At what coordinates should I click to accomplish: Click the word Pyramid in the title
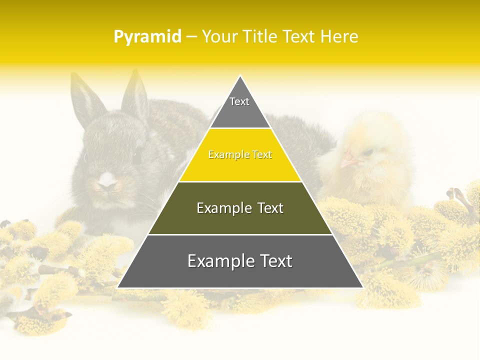147,37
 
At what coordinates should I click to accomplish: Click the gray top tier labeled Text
239,107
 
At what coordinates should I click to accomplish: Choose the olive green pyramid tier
240,217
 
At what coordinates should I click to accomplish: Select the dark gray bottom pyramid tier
240,270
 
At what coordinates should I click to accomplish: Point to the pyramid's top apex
240,76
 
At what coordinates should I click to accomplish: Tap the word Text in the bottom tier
273,261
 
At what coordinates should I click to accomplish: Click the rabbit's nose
106,185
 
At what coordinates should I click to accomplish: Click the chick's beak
348,161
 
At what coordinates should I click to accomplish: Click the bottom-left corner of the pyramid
118,287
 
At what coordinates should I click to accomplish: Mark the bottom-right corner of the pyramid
362,287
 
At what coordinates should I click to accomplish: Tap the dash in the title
191,37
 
